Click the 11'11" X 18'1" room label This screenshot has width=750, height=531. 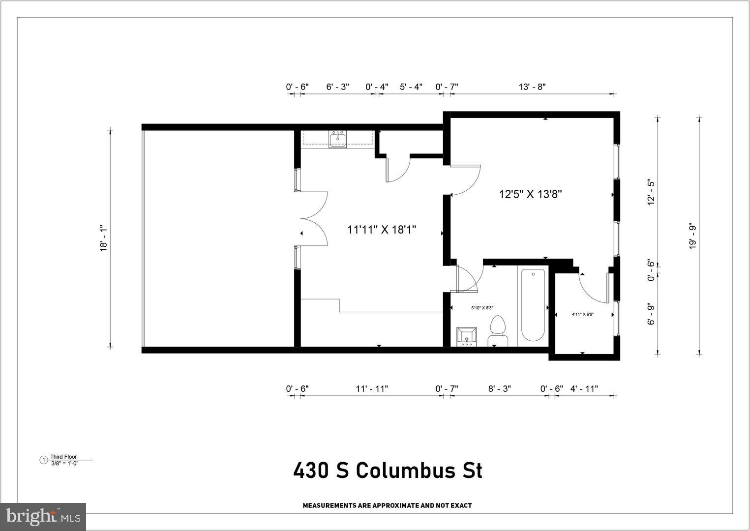pos(382,229)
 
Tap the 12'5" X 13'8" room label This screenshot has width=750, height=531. pos(530,194)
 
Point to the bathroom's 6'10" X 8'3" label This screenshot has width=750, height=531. pos(482,308)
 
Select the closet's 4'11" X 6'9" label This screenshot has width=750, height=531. pos(582,314)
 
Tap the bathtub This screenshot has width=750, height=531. pos(533,305)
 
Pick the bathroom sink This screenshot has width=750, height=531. pos(466,337)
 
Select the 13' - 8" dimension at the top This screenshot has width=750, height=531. pos(532,87)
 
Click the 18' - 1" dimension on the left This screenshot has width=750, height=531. pos(103,239)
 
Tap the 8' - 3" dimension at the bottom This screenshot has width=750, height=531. pos(499,389)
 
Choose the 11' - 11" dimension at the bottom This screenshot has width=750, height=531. pos(372,389)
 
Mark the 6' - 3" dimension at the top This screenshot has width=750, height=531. pos(337,87)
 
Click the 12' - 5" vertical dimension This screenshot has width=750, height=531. pos(652,192)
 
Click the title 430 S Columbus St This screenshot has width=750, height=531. pos(388,471)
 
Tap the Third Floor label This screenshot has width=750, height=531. pos(63,457)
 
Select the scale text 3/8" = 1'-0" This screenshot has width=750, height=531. pos(64,463)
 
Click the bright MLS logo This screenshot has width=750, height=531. pos(43,517)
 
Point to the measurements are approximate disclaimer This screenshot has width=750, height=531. pos(387,505)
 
